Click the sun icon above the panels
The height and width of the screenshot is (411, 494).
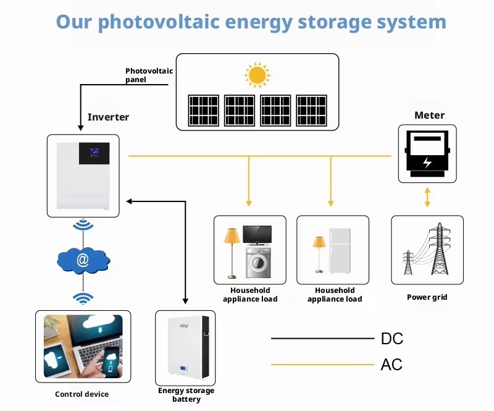257,75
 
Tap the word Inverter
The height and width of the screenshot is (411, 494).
109,117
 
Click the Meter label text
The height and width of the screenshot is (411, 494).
429,115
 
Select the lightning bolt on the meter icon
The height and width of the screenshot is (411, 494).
427,162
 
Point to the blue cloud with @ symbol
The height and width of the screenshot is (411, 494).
83,260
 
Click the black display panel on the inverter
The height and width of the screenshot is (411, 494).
94,153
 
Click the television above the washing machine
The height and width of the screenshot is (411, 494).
257,235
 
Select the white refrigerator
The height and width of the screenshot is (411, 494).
340,251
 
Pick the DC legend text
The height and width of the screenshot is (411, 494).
392,339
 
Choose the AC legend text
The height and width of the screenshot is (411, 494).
391,365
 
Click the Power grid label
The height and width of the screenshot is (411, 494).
427,297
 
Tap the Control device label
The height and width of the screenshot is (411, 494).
82,394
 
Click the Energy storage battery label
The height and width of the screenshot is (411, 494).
186,394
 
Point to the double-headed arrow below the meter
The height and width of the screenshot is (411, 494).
427,197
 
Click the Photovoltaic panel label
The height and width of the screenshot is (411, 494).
149,75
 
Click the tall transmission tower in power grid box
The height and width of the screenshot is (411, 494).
440,249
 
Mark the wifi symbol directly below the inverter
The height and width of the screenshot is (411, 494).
83,224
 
